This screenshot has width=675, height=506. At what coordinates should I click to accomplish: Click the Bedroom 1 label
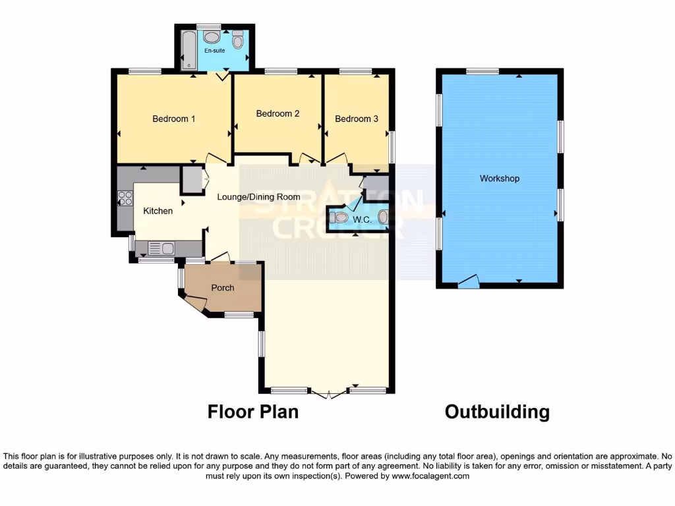[x=174, y=119]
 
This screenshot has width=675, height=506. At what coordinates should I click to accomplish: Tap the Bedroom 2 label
[x=278, y=114]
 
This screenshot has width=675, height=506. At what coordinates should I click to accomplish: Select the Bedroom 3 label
[x=357, y=119]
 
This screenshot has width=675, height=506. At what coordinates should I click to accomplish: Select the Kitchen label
[x=158, y=211]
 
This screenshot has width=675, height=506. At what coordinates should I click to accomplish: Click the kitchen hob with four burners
[x=125, y=198]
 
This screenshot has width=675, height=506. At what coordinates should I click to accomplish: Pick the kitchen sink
[x=161, y=248]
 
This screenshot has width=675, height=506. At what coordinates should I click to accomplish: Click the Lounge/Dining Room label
[x=259, y=197]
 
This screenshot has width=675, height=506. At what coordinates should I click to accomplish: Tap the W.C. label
[x=362, y=220]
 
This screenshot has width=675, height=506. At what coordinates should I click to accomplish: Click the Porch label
[x=223, y=288]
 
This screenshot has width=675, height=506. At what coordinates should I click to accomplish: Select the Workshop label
[x=500, y=179]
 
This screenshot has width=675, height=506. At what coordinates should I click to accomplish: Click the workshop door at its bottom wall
[x=469, y=283]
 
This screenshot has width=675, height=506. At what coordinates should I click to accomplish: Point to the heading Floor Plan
[x=253, y=412]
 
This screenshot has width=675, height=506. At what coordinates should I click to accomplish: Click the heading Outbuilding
[x=497, y=412]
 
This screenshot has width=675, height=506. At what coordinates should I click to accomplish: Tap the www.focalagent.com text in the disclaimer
[x=430, y=476]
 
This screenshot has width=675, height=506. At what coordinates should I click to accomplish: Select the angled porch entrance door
[x=195, y=303]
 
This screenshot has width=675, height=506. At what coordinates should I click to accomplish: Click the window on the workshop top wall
[x=483, y=71]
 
